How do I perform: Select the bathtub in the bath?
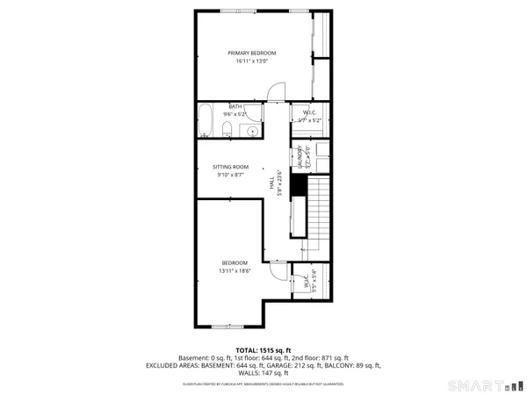(205, 123)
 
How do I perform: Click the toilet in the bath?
(227, 132)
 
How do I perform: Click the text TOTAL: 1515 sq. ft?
(263, 349)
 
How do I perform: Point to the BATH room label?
(211, 106)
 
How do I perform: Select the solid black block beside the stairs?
(298, 186)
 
